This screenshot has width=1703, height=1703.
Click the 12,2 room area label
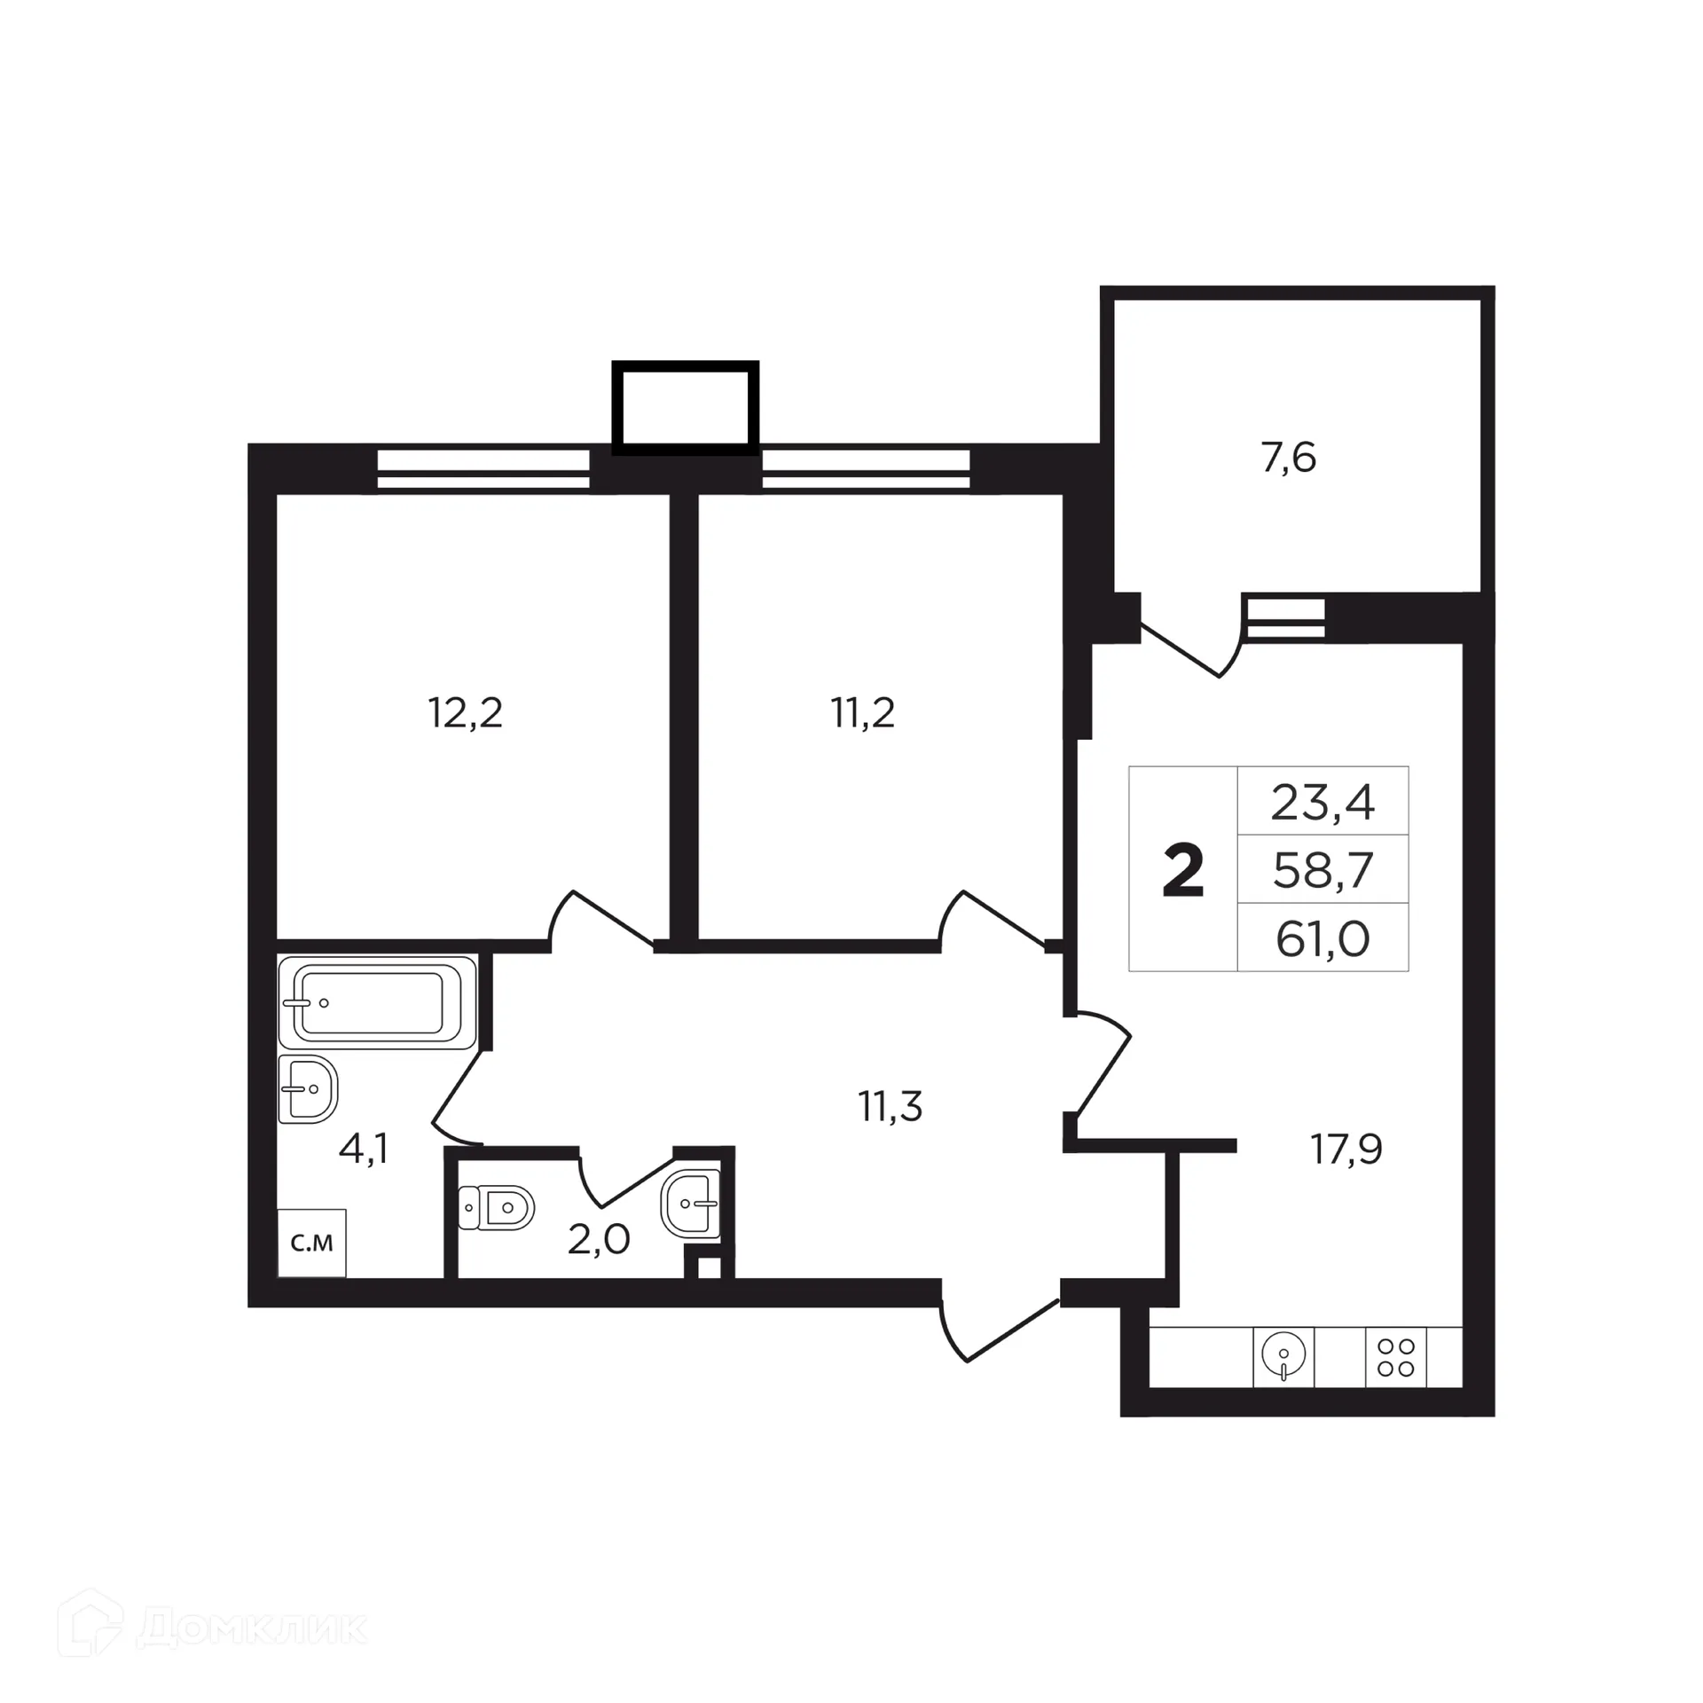coord(466,713)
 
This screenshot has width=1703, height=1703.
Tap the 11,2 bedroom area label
coord(863,713)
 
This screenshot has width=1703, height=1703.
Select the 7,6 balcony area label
coord(1288,459)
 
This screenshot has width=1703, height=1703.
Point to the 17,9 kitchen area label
coord(1346,1150)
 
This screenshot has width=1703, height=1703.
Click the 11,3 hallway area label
coord(891,1106)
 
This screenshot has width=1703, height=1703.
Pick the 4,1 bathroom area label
coord(364,1150)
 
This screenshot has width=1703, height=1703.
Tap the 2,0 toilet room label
coord(599,1239)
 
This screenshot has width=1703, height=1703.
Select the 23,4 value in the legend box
coord(1322,803)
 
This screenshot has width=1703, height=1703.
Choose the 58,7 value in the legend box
coord(1322,870)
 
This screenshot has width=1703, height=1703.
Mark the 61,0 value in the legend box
coord(1322,938)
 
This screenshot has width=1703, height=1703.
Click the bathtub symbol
coord(377,1002)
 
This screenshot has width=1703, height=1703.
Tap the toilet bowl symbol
coord(498,1207)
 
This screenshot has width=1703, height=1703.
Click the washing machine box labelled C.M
coord(311,1243)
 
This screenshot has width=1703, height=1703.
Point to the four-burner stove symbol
coord(1395,1357)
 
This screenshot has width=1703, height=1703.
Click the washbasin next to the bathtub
coord(308,1088)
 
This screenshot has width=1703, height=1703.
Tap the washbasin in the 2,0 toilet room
coord(691,1204)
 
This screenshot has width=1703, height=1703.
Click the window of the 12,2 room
coord(483,469)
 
